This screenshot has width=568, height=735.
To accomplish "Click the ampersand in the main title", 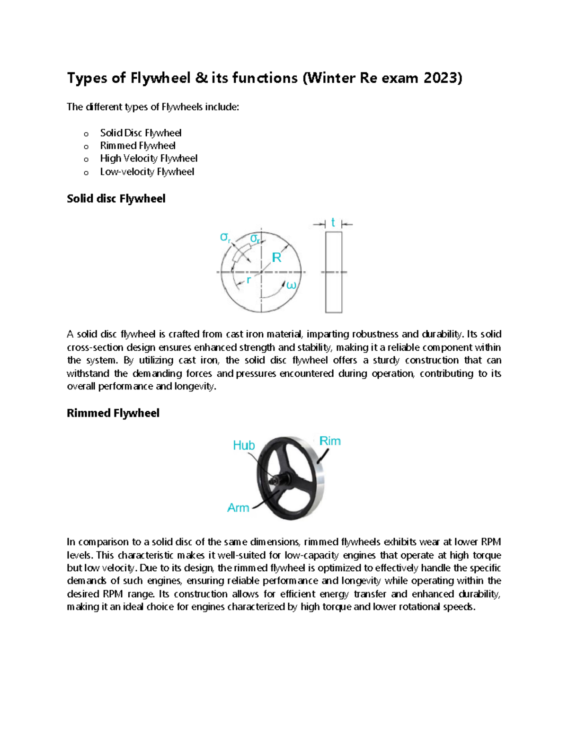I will tap(201, 78).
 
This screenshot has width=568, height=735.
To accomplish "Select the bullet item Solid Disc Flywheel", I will tap(141, 133).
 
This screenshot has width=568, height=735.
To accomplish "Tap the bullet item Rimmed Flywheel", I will tap(137, 146).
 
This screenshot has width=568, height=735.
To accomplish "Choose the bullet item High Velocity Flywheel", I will tap(149, 159).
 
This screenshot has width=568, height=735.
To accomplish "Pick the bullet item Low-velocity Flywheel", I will tap(147, 172).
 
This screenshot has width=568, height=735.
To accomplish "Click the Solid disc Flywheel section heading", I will tap(116, 199).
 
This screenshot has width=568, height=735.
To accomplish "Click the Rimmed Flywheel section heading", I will tap(113, 413).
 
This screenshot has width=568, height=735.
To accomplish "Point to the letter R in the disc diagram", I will tap(276, 258).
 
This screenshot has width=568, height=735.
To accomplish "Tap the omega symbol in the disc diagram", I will tap(291, 285).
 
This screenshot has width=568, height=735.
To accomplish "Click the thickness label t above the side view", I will tap(333, 223).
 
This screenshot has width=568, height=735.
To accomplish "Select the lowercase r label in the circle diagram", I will tap(248, 280).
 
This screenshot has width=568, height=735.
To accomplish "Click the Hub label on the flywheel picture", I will tap(244, 445).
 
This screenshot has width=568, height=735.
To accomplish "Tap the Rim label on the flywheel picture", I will tap(330, 441).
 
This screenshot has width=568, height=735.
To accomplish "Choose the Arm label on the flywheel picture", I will tap(238, 508).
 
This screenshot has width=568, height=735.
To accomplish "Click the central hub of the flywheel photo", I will tap(274, 479).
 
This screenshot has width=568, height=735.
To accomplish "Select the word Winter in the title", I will tap(332, 78).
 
